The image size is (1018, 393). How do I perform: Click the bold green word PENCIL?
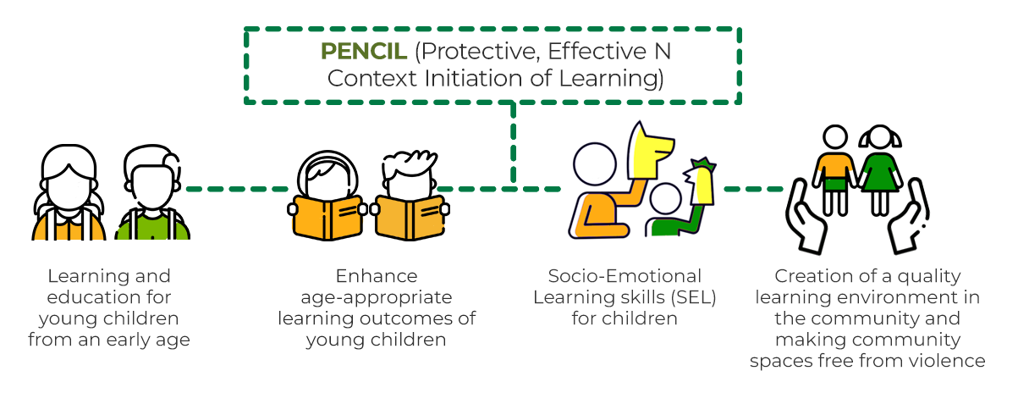click(x=364, y=52)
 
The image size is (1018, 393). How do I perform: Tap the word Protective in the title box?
click(x=476, y=52)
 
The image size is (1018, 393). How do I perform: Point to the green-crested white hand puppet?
click(x=701, y=181)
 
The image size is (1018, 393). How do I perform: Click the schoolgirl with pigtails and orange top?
click(x=69, y=196)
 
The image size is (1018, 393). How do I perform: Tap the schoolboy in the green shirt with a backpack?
click(x=153, y=196)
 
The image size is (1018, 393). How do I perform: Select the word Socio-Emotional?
click(x=625, y=277)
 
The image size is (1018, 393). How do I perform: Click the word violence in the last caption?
click(x=950, y=362)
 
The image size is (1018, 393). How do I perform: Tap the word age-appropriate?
click(x=377, y=298)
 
